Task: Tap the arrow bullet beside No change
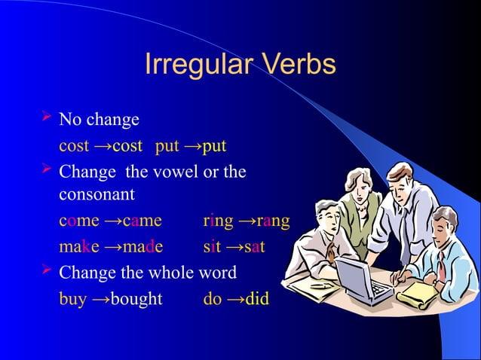click(x=44, y=118)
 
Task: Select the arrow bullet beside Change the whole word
click(x=44, y=270)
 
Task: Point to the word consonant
click(x=97, y=195)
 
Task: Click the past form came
click(x=142, y=221)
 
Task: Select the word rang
click(x=273, y=221)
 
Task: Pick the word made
click(x=142, y=247)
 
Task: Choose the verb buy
click(x=73, y=298)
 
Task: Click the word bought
click(x=136, y=298)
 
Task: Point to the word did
click(x=257, y=298)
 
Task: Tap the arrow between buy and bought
click(x=100, y=298)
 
